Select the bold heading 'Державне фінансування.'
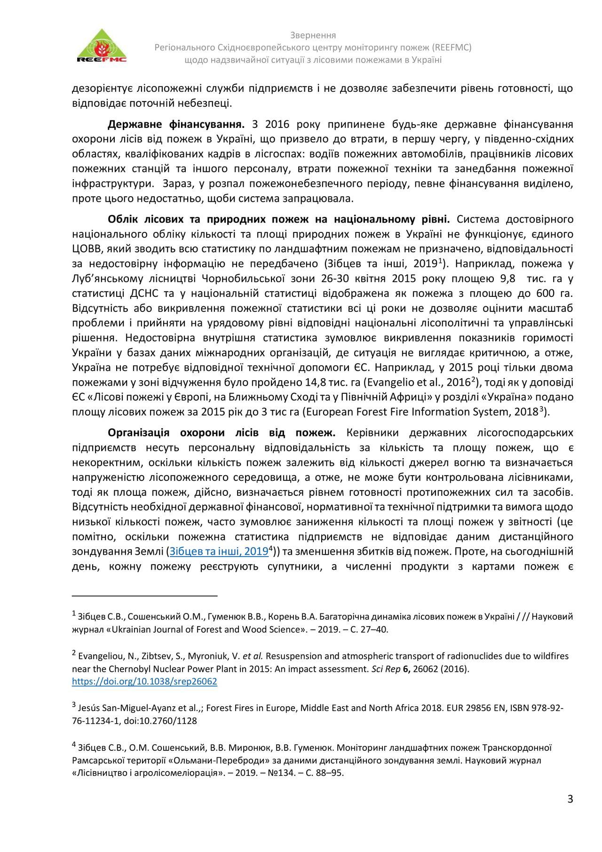click(176, 125)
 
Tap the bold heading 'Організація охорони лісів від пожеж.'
click(221, 432)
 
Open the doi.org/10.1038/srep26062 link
click(144, 681)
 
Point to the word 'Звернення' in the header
click(313, 36)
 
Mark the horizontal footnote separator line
click(145, 596)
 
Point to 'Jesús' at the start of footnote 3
click(88, 708)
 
